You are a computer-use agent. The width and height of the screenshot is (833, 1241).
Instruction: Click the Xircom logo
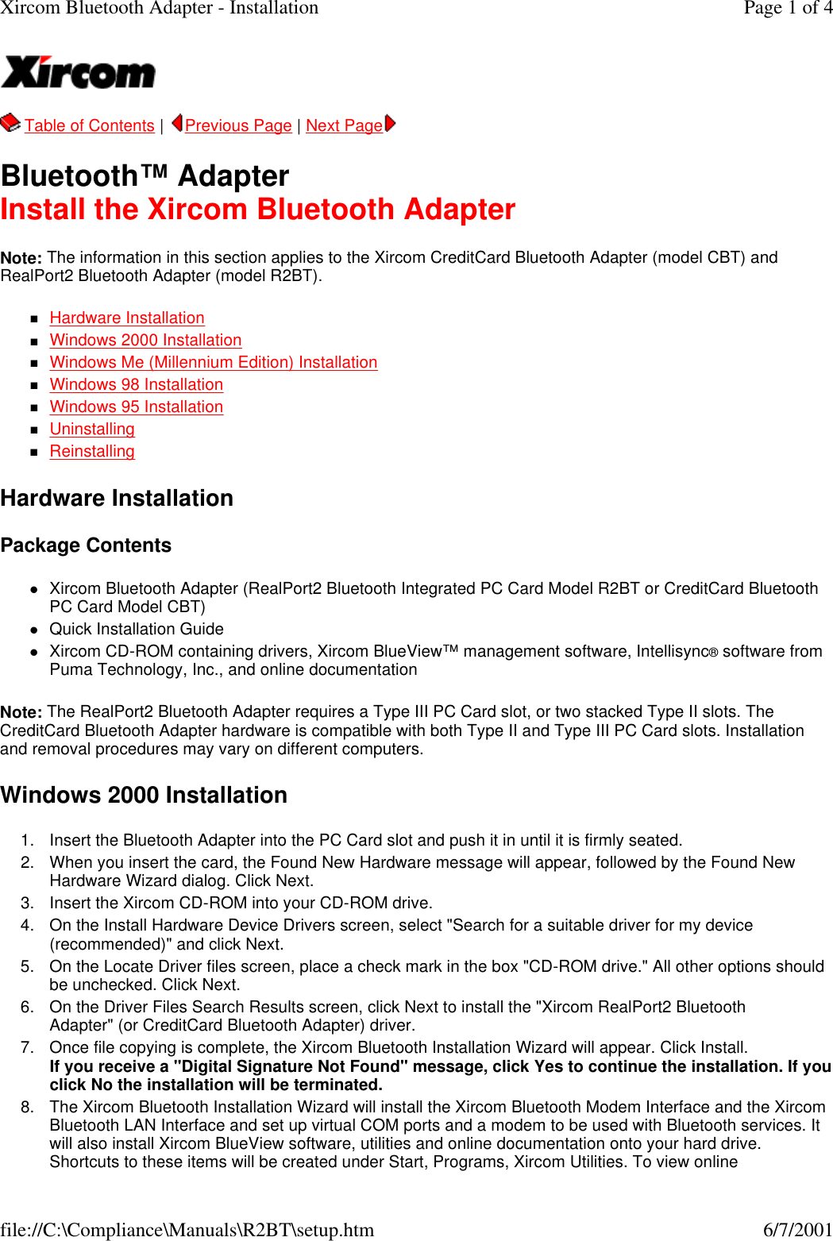pos(78,72)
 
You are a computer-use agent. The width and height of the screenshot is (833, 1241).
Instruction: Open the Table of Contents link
pos(89,125)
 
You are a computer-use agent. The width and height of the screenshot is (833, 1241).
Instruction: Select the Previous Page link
pos(238,125)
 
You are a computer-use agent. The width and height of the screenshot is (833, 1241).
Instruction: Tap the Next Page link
pos(344,125)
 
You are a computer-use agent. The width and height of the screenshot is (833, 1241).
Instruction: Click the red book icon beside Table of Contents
pos(10,123)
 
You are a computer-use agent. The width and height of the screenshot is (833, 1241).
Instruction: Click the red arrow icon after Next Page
pos(390,124)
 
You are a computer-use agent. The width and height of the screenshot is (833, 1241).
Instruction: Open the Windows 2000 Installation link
pos(145,340)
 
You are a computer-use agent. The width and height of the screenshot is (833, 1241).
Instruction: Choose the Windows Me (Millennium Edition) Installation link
pos(213,362)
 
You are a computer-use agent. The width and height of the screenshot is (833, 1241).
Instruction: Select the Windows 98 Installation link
pos(136,384)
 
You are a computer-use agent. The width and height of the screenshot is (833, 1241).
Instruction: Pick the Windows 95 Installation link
pos(136,407)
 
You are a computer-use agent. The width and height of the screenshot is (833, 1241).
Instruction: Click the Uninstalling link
pos(92,429)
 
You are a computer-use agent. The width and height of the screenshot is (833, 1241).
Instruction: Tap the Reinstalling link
pos(92,451)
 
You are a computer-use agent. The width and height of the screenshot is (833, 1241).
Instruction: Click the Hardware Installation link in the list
pos(127,318)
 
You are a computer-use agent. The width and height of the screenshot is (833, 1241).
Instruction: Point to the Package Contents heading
pos(86,545)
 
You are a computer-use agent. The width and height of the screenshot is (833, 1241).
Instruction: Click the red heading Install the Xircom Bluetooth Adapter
pos(258,210)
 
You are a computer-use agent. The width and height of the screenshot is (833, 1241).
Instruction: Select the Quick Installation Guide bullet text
pos(137,629)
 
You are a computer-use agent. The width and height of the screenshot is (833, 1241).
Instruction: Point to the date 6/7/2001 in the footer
pos(797,1230)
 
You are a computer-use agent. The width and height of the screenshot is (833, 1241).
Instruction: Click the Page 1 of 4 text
pos(788,8)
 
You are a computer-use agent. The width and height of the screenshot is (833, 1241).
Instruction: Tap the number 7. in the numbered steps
pos(27,1047)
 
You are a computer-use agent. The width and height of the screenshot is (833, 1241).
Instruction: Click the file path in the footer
pos(187,1230)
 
